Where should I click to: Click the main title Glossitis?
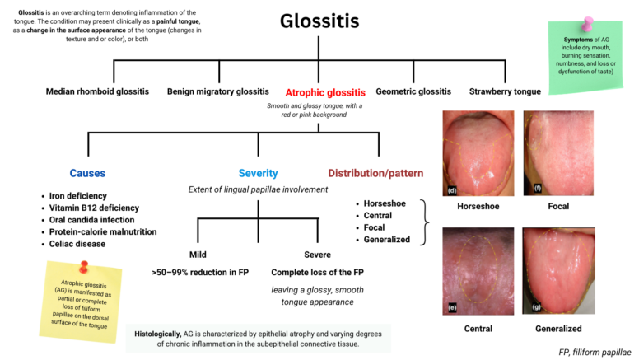pyautogui.click(x=319, y=21)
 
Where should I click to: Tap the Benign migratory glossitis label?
pyautogui.click(x=217, y=91)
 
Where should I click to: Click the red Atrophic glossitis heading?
pyautogui.click(x=324, y=92)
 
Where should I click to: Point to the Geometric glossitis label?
pyautogui.click(x=413, y=91)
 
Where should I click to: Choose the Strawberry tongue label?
pyautogui.click(x=504, y=91)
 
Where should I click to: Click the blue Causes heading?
pyautogui.click(x=87, y=173)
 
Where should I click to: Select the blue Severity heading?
pyautogui.click(x=258, y=173)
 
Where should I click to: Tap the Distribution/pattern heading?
pyautogui.click(x=375, y=173)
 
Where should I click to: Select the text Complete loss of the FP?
pyautogui.click(x=316, y=272)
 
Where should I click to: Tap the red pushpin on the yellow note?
pyautogui.click(x=83, y=269)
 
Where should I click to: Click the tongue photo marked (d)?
pyautogui.click(x=478, y=152)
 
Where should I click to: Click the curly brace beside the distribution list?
pyautogui.click(x=424, y=222)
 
